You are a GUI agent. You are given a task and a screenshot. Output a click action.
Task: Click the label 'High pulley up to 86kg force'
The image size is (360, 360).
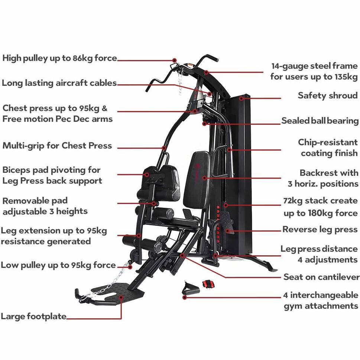click(59, 58)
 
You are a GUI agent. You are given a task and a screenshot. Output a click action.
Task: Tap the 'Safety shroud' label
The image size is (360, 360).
click(327, 95)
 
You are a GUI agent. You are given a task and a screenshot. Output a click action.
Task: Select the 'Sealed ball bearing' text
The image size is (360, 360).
click(320, 121)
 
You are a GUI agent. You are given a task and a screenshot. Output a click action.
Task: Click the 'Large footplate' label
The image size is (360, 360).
click(33, 317)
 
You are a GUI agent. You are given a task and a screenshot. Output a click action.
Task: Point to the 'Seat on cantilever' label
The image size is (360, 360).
click(321, 277)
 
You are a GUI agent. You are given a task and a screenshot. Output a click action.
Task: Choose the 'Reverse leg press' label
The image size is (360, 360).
click(320, 230)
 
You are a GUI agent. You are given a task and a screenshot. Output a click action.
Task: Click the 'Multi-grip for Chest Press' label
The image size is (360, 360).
click(57, 146)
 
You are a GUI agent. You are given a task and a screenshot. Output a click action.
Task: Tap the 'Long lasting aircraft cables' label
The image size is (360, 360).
click(59, 83)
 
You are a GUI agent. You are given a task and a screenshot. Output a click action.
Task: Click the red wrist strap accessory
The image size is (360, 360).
click(207, 284)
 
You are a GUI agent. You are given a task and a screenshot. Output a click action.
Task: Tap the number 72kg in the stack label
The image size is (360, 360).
click(293, 201)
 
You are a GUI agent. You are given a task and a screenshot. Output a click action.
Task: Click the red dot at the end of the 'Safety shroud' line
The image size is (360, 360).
click(241, 98)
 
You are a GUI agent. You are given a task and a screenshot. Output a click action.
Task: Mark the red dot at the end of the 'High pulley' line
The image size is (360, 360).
click(174, 60)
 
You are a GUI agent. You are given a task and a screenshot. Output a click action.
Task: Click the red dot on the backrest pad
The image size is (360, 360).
click(204, 178)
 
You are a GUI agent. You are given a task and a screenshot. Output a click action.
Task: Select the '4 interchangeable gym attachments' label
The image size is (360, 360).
click(321, 301)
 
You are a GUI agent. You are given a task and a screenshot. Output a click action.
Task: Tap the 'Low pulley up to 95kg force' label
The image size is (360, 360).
click(58, 265)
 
